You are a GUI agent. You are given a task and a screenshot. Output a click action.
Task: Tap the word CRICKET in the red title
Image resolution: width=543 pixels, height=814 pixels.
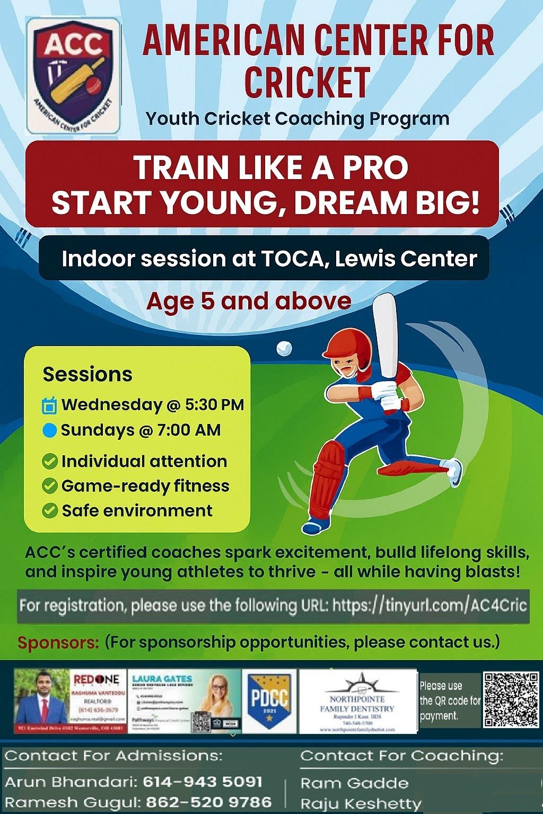pyautogui.click(x=307, y=82)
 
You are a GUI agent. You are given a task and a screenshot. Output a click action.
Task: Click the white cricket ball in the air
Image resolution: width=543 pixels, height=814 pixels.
pyautogui.click(x=284, y=348)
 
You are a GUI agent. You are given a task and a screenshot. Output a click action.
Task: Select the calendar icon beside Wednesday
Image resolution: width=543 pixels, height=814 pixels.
pyautogui.click(x=49, y=406)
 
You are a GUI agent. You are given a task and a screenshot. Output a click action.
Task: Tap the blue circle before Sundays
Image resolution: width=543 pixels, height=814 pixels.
pyautogui.click(x=49, y=430)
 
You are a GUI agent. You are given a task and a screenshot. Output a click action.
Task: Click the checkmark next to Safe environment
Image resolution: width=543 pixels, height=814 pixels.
pyautogui.click(x=50, y=511)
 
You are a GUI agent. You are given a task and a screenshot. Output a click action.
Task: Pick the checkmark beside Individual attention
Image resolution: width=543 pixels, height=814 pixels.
pyautogui.click(x=50, y=462)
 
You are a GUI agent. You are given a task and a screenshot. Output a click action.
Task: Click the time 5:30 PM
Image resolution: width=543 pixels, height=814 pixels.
pyautogui.click(x=214, y=405)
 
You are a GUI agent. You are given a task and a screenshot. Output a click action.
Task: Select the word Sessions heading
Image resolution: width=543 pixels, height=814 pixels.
pyautogui.click(x=87, y=375)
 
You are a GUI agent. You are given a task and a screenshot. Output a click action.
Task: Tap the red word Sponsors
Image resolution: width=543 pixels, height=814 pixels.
pyautogui.click(x=58, y=643)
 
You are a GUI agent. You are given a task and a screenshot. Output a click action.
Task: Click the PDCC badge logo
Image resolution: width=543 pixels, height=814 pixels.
pyautogui.click(x=270, y=700)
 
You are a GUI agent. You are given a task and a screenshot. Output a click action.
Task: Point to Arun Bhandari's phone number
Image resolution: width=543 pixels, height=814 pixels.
pyautogui.click(x=203, y=782)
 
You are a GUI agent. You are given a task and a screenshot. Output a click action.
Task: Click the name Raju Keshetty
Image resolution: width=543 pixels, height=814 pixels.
pyautogui.click(x=361, y=803)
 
